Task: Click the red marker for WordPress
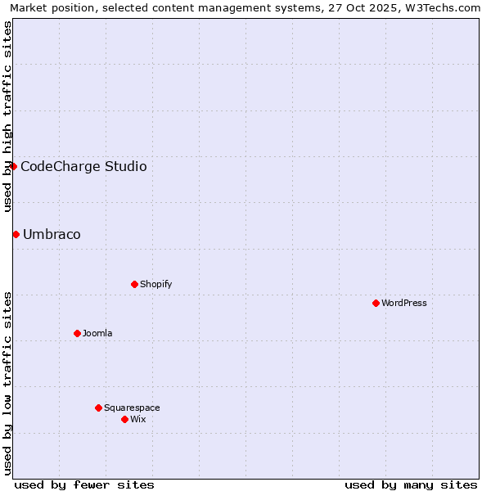[376, 303]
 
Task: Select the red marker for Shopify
[134, 284]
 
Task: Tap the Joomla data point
[77, 333]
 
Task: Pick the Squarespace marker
[98, 408]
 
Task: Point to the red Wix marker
[124, 419]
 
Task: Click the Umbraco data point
[16, 234]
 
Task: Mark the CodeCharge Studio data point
[13, 166]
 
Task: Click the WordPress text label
[404, 303]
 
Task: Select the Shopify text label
[155, 284]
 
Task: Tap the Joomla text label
[97, 333]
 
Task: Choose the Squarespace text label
[132, 408]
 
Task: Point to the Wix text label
[137, 419]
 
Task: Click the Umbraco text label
[52, 234]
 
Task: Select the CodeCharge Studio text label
[83, 166]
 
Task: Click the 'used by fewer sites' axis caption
[84, 484]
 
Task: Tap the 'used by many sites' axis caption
[411, 484]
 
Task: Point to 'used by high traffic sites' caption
[7, 116]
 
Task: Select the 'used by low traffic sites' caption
[7, 382]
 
